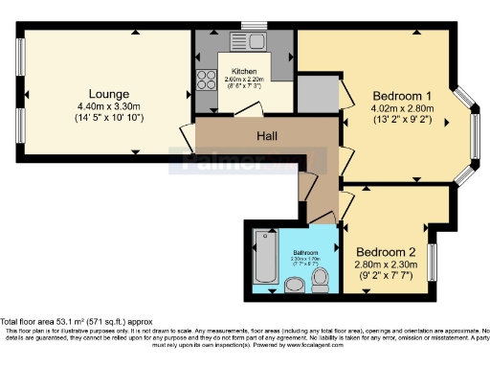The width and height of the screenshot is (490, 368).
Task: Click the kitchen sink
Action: pyautogui.click(x=255, y=42)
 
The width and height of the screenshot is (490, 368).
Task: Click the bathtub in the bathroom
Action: pyautogui.click(x=265, y=258)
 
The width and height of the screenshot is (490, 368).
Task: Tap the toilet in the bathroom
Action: pyautogui.click(x=322, y=278)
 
